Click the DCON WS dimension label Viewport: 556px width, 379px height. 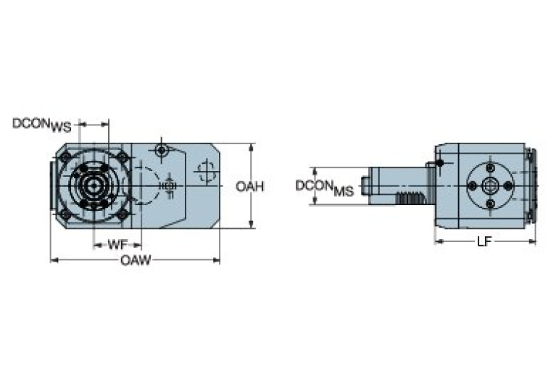pos(42,125)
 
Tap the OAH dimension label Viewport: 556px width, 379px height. pos(249,187)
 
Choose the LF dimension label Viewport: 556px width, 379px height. pos(484,241)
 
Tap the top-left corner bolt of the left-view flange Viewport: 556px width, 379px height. pos(66,157)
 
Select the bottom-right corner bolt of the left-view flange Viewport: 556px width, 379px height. pos(123,214)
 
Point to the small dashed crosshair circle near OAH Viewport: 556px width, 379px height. pos(206,172)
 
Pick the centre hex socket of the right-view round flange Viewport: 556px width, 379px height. pos(490,186)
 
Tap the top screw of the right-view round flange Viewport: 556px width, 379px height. pos(490,169)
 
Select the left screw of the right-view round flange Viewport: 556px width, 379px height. pos(473,186)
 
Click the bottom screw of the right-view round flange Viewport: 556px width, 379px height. pos(490,204)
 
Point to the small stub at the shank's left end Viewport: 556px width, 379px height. pos(366,186)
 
